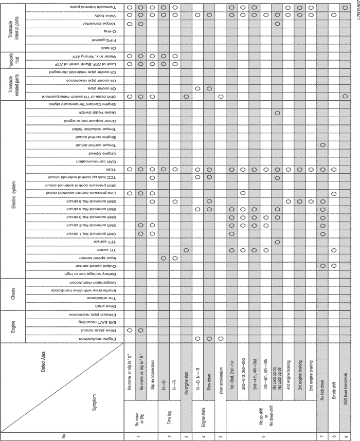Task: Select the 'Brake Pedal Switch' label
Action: (91, 112)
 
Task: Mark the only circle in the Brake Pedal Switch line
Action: (277, 112)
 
